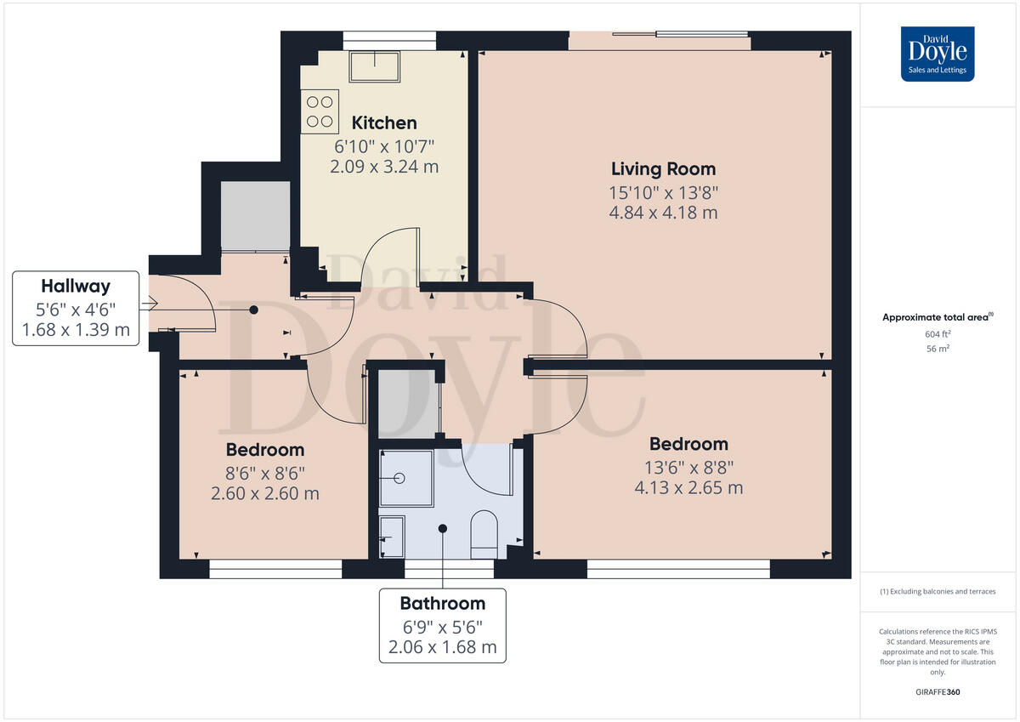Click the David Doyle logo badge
coord(938,54)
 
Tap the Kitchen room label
coord(384,123)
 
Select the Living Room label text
coord(664,168)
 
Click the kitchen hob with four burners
coord(320,111)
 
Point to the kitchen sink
coord(374,66)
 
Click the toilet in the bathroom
coord(484,534)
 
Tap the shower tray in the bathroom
coord(405,478)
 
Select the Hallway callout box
coord(76,308)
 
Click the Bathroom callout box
coord(442,625)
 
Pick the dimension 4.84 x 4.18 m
coord(663,213)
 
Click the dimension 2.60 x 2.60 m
coord(264,493)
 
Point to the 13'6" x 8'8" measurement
coord(688,466)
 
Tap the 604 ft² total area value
coord(938,334)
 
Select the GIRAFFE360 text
coord(938,692)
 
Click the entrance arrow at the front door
coord(152,303)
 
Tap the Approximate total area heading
coord(936,317)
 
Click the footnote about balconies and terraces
coord(938,591)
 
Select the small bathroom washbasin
coord(392,537)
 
